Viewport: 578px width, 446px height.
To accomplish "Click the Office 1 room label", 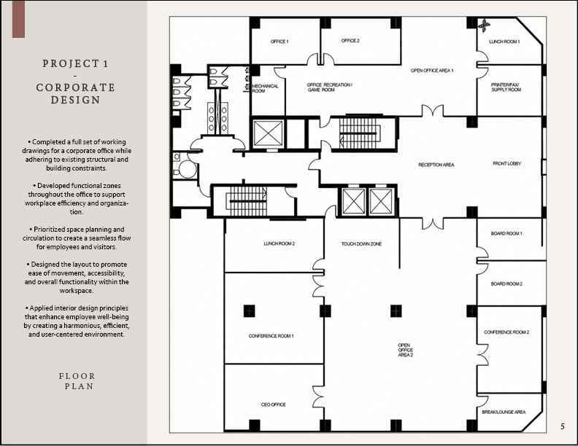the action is pyautogui.click(x=280, y=42).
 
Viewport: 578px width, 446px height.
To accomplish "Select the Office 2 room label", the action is pyautogui.click(x=350, y=41).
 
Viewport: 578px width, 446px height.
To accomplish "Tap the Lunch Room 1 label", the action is pyautogui.click(x=504, y=42).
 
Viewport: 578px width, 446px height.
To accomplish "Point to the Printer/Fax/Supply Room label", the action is pyautogui.click(x=506, y=87).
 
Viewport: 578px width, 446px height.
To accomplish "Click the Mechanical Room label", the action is pyautogui.click(x=265, y=88).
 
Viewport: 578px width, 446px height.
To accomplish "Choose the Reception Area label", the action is pyautogui.click(x=436, y=165).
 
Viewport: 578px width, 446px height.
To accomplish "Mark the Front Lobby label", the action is pyautogui.click(x=507, y=163).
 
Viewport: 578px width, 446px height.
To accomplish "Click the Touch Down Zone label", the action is pyautogui.click(x=361, y=243).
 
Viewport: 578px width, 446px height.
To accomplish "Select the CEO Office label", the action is pyautogui.click(x=273, y=404).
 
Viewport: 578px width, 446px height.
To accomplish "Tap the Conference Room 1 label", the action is pyautogui.click(x=271, y=336).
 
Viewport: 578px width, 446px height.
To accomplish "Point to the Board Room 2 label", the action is pyautogui.click(x=506, y=283).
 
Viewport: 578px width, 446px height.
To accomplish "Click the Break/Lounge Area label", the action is pyautogui.click(x=504, y=412).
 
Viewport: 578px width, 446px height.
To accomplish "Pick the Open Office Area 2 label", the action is pyautogui.click(x=406, y=350).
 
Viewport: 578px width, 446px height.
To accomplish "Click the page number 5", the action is pyautogui.click(x=563, y=426).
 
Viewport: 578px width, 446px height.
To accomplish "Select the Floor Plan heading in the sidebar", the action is pyautogui.click(x=77, y=381).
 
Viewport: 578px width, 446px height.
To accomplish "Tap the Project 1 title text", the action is pyautogui.click(x=76, y=63).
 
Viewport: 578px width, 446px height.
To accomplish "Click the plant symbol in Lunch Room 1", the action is pyautogui.click(x=484, y=25).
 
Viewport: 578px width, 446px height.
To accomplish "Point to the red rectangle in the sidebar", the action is pyautogui.click(x=18, y=19).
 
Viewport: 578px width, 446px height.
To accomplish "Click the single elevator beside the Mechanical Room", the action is pyautogui.click(x=269, y=133).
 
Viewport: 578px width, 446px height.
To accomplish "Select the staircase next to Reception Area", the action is pyautogui.click(x=360, y=133).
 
